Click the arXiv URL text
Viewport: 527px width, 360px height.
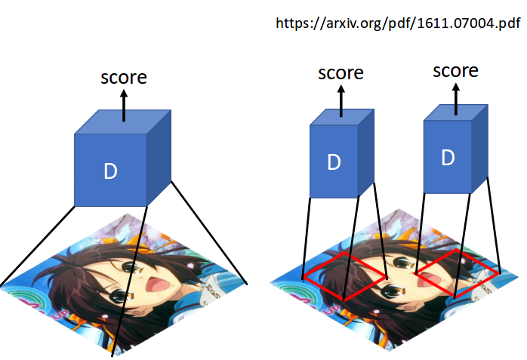click(399, 23)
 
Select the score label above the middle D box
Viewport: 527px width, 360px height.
click(341, 73)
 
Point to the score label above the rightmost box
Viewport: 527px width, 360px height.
click(455, 71)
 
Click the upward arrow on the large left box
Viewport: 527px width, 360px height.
click(125, 105)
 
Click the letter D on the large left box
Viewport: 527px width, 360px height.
click(110, 171)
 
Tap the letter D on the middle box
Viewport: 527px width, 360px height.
click(333, 162)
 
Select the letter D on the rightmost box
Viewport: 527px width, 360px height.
click(448, 158)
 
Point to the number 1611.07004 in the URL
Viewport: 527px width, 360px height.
click(445, 23)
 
